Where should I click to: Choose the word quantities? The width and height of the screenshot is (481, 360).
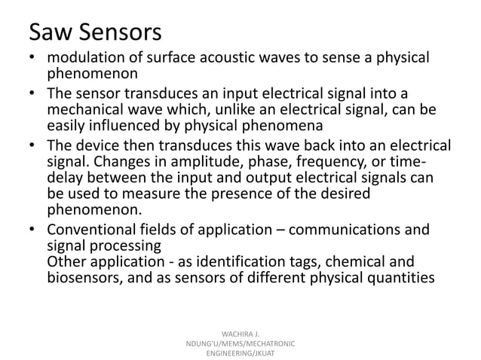(397, 278)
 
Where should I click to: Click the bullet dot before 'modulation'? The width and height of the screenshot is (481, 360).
(32, 59)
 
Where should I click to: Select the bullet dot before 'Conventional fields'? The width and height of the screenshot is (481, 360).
(32, 229)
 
